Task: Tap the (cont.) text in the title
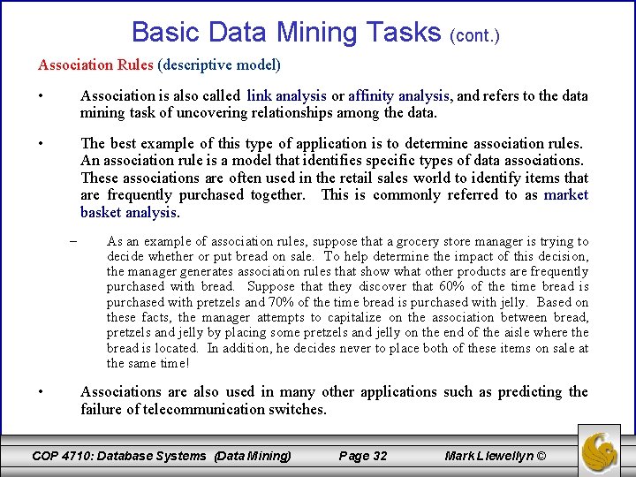tap(474, 36)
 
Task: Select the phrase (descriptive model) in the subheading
tap(218, 64)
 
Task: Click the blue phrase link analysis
tap(287, 95)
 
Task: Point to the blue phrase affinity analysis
tap(399, 95)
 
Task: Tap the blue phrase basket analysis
tap(129, 212)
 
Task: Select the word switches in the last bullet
tap(298, 409)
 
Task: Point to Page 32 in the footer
tap(363, 456)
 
